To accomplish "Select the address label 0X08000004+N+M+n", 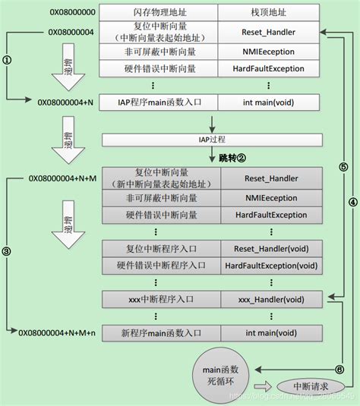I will click(58, 332).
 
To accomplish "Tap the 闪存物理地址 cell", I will click(160, 13).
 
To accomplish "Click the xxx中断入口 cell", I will click(160, 300).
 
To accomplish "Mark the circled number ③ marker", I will click(8, 250).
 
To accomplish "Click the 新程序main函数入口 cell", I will click(160, 332).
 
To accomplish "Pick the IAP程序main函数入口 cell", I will click(160, 101).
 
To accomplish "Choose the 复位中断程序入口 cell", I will click(160, 248).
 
